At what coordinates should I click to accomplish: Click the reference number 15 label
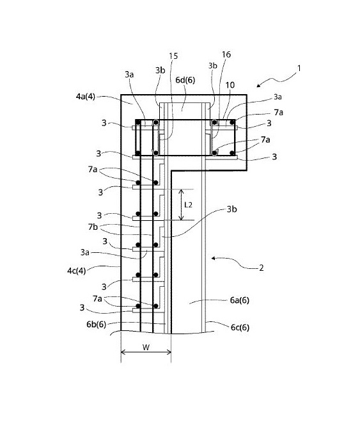(173, 56)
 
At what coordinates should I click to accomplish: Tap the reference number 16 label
(226, 54)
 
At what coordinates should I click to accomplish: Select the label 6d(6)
(185, 80)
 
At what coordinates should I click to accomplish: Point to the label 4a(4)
(86, 97)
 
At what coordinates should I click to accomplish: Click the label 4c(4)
(76, 271)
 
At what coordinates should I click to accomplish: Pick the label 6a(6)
(240, 300)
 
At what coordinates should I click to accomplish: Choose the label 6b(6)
(97, 324)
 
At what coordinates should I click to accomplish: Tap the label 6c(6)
(240, 327)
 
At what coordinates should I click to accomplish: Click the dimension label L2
(188, 205)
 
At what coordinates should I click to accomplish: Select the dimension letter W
(146, 347)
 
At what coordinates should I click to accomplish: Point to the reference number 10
(230, 85)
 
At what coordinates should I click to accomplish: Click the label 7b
(93, 227)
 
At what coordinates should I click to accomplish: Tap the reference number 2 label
(262, 268)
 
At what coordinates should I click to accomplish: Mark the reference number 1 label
(299, 68)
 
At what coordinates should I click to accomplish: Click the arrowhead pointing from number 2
(214, 258)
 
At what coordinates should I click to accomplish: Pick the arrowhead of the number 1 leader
(258, 86)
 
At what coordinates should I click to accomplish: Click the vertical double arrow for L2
(181, 205)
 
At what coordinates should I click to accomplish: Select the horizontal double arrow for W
(146, 352)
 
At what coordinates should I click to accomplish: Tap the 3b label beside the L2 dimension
(232, 209)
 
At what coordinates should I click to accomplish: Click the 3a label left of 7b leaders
(85, 252)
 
